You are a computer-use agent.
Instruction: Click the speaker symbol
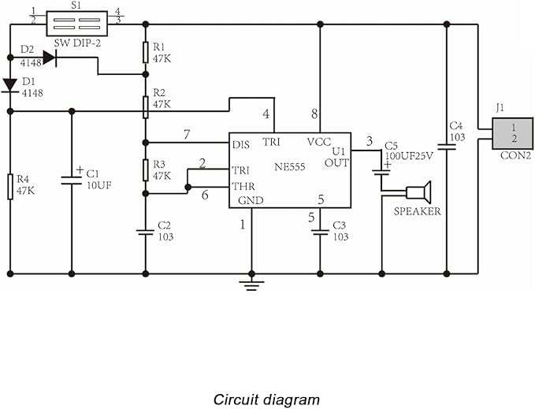pyautogui.click(x=419, y=192)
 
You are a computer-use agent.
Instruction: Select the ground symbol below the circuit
pyautogui.click(x=251, y=285)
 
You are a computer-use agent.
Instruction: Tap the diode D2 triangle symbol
pyautogui.click(x=50, y=58)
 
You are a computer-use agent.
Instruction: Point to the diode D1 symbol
pyautogui.click(x=10, y=85)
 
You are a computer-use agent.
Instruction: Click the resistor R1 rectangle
pyautogui.click(x=145, y=53)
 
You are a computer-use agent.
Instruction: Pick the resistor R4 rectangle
pyautogui.click(x=10, y=187)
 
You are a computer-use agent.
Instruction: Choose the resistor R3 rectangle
pyautogui.click(x=145, y=170)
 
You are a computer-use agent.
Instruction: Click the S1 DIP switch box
pyautogui.click(x=76, y=24)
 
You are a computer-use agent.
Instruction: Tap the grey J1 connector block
pyautogui.click(x=512, y=133)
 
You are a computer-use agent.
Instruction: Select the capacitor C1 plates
pyautogui.click(x=72, y=180)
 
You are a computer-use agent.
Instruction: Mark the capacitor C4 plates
pyautogui.click(x=446, y=147)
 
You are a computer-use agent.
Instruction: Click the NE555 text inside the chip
pyautogui.click(x=290, y=167)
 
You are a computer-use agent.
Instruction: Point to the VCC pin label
pyautogui.click(x=318, y=142)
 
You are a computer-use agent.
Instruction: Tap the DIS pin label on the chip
pyautogui.click(x=241, y=145)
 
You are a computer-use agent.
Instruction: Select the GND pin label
pyautogui.click(x=251, y=200)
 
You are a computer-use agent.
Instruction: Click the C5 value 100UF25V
pyautogui.click(x=409, y=156)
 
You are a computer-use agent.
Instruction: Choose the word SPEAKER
pyautogui.click(x=418, y=211)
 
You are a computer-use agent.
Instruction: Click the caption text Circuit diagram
pyautogui.click(x=266, y=400)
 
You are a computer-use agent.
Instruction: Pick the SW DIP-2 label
pyautogui.click(x=77, y=43)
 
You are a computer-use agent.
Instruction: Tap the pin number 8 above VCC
pyautogui.click(x=314, y=114)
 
